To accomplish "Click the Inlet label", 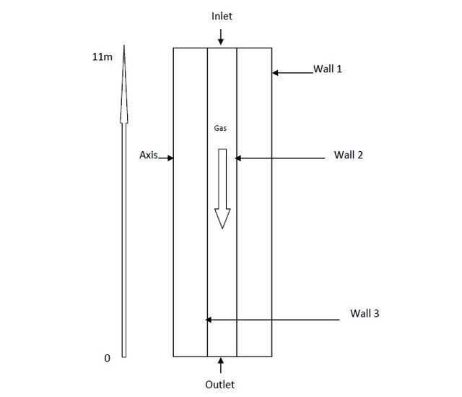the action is (x=222, y=16).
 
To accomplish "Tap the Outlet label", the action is (x=219, y=385).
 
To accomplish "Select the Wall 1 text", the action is (x=328, y=69).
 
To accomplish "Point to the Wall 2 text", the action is (x=348, y=155).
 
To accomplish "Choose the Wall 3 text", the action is (x=365, y=313).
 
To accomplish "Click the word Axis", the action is (x=149, y=155).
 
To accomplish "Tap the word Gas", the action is (x=220, y=128).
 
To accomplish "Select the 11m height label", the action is (x=103, y=56).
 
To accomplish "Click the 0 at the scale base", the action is (x=108, y=358).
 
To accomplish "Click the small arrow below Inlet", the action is (x=221, y=37).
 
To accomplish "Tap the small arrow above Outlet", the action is (x=221, y=365).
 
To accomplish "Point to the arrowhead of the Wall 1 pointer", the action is (x=275, y=72).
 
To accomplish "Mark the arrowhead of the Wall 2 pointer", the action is (x=238, y=158).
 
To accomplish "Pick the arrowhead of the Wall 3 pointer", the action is (x=209, y=320).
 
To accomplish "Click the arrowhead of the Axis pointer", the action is (x=170, y=158).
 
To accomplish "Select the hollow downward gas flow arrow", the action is (x=222, y=189).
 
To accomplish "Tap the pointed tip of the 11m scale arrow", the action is (x=124, y=46).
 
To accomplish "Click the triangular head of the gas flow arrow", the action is (x=222, y=218).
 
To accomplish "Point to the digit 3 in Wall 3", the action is (x=376, y=313).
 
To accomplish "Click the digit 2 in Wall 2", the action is (x=359, y=155).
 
